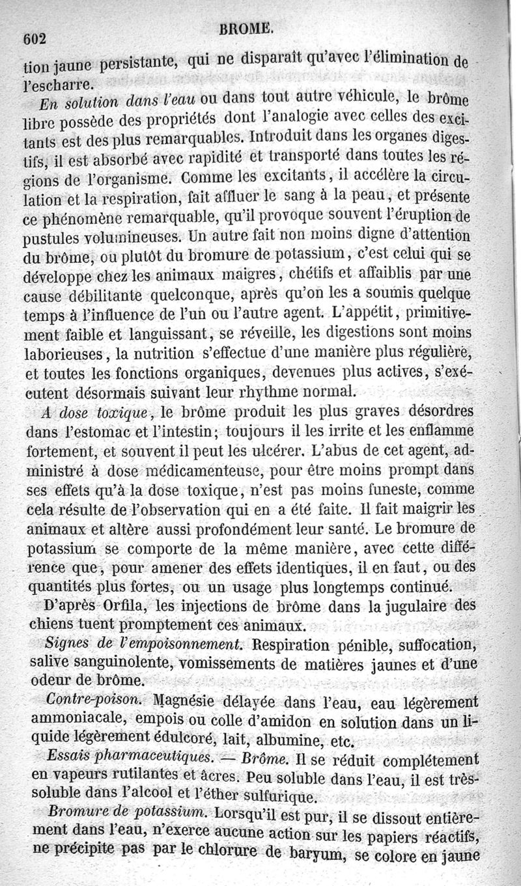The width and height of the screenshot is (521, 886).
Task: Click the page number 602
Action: coord(35,38)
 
